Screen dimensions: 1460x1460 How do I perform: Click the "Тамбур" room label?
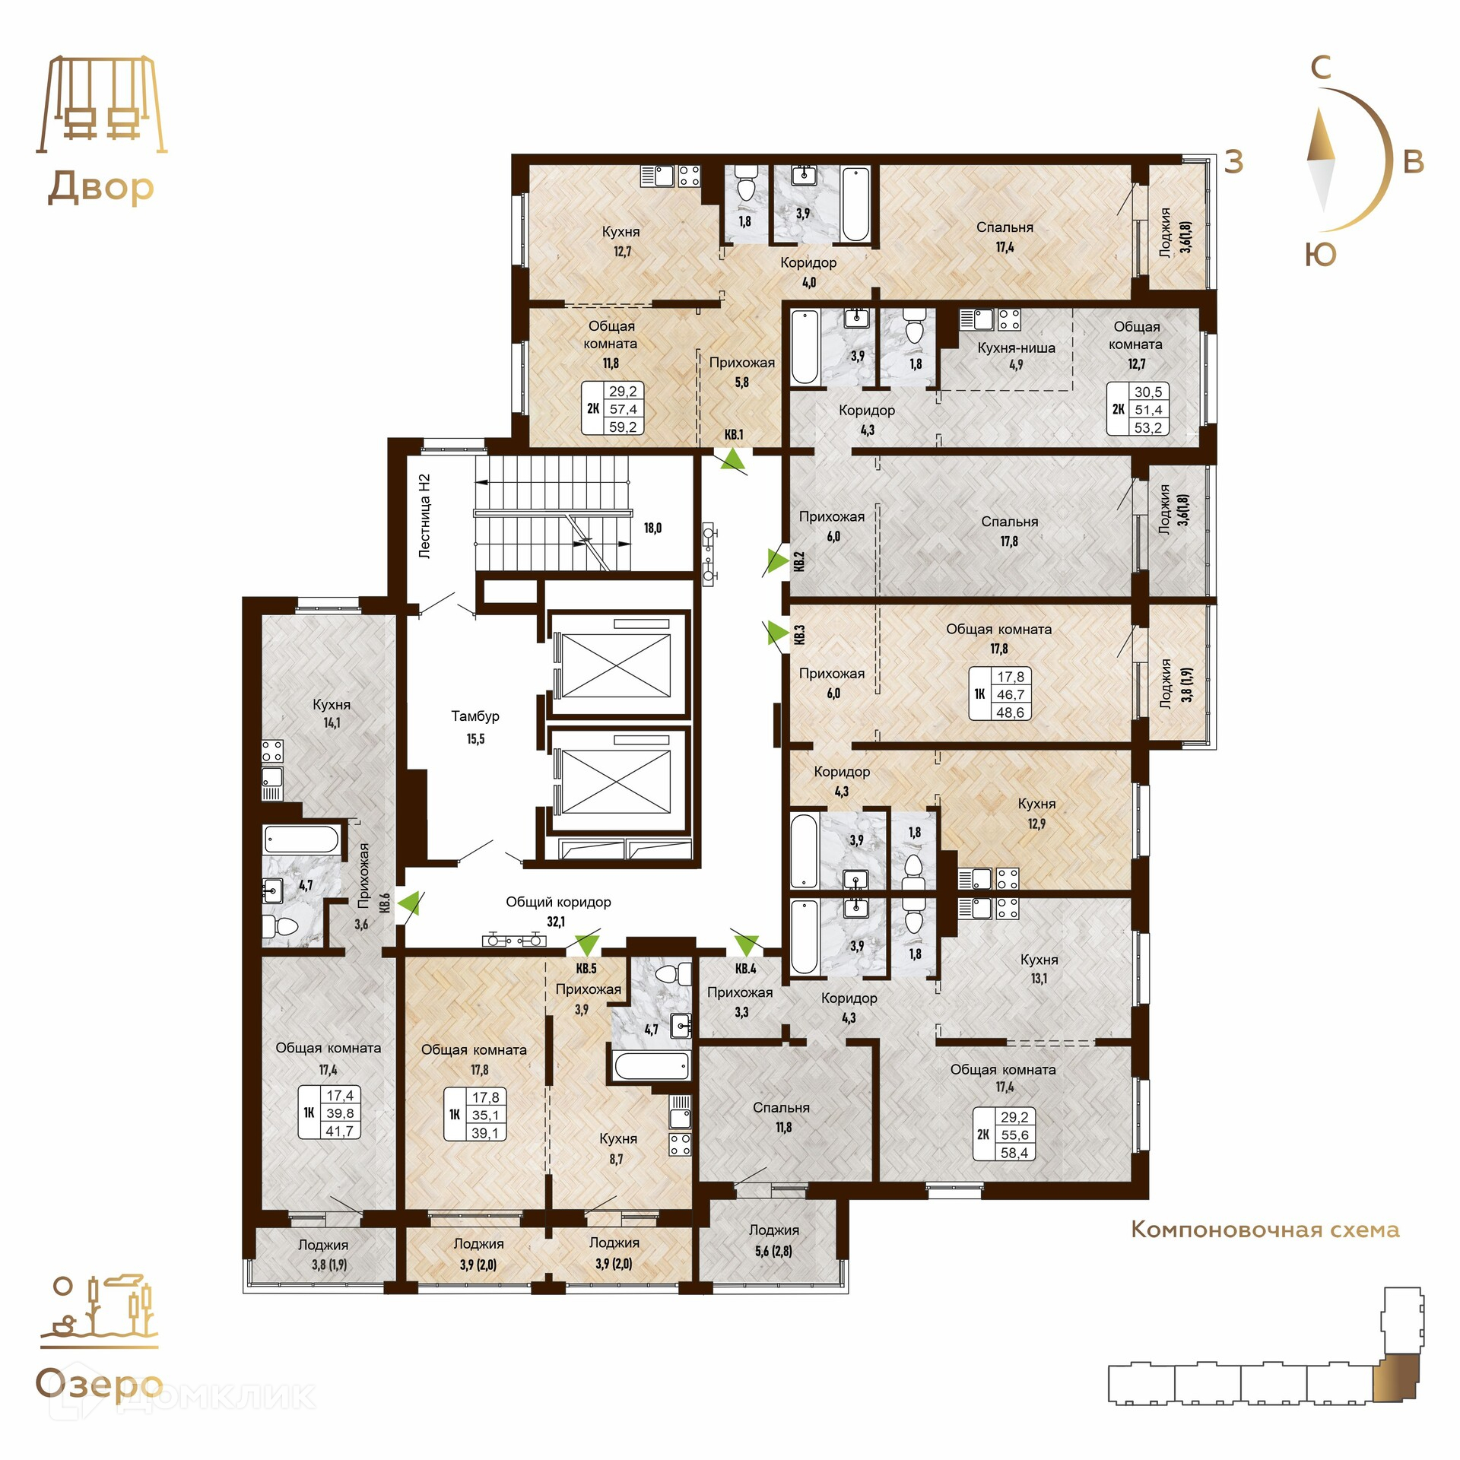475,716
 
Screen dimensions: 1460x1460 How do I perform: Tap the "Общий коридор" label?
558,902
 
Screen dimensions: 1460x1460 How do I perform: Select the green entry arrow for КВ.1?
733,459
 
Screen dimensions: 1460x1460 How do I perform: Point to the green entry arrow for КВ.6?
409,903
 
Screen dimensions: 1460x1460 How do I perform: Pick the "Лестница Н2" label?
425,516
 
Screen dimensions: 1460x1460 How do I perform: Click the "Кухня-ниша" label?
1016,348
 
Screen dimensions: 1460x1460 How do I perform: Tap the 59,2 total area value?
623,427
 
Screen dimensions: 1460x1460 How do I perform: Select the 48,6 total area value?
1010,713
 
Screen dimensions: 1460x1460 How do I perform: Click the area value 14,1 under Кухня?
332,722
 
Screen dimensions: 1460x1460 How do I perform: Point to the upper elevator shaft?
617,662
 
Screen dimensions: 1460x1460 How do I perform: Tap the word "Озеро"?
99,1385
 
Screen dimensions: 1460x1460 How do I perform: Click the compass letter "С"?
1321,68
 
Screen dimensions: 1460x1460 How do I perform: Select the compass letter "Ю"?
1321,255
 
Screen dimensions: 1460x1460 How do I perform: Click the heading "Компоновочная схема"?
1265,1230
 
